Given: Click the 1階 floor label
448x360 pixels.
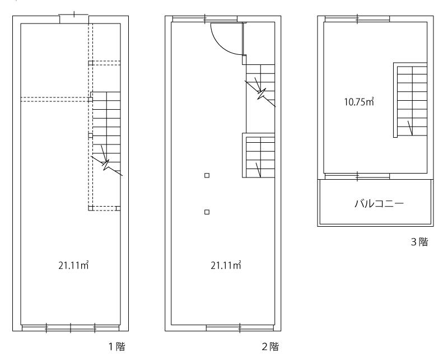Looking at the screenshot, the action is [x=116, y=347].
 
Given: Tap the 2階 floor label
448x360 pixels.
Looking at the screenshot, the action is [x=270, y=347].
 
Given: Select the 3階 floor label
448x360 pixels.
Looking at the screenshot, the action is [x=419, y=242].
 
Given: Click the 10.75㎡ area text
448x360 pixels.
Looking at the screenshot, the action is [x=359, y=102].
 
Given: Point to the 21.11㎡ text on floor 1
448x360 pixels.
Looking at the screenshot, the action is [x=73, y=265].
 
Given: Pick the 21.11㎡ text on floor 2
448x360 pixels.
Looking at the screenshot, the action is [x=226, y=265].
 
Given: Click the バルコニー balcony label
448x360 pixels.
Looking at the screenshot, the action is [x=379, y=203].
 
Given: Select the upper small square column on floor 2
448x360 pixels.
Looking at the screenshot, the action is [x=207, y=175].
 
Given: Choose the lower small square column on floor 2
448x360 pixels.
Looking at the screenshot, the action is [x=207, y=212].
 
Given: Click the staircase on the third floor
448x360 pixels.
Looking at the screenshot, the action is [x=410, y=100].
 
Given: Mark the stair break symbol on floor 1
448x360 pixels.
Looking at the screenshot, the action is [x=106, y=165].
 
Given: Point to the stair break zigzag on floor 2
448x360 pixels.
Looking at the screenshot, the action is [x=260, y=93].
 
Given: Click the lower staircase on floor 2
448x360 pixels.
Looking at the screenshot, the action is [x=259, y=155].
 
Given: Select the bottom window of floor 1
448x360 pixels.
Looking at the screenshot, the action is [x=71, y=328].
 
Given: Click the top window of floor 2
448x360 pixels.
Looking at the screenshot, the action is [x=205, y=19].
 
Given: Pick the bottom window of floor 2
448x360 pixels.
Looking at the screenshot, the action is [x=240, y=328].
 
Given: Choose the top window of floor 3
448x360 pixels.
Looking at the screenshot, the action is [x=357, y=19].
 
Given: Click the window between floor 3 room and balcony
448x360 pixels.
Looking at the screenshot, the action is [x=357, y=176].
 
